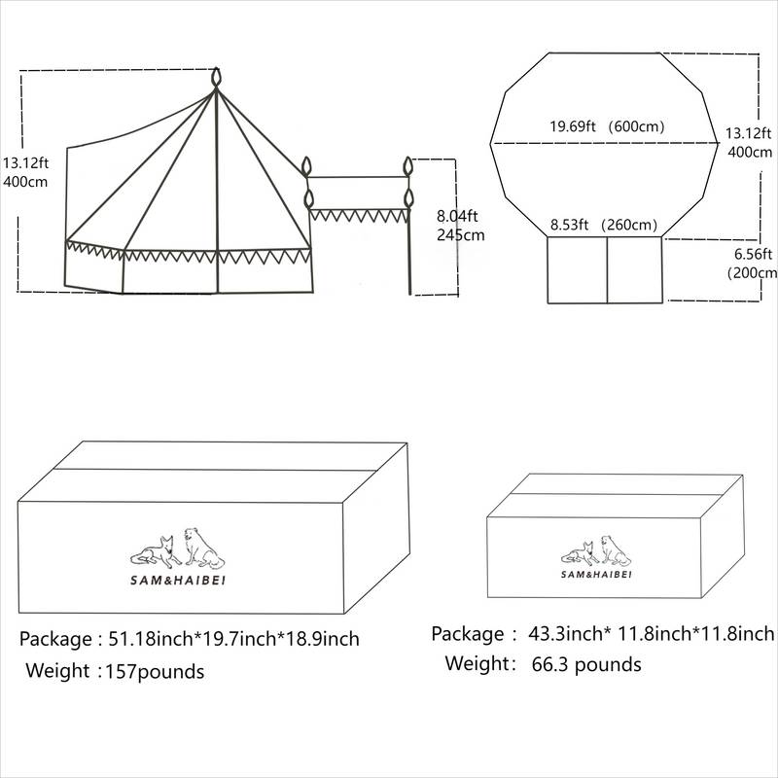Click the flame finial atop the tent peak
point(216,78)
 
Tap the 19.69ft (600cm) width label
point(607,126)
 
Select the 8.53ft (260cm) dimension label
point(604,225)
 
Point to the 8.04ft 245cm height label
point(460,226)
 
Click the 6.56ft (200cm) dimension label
point(752,264)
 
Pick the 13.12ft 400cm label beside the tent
point(26,172)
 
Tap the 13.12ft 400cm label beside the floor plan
point(749,142)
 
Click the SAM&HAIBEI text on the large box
point(178,580)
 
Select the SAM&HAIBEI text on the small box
point(596,574)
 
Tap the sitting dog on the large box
point(203,548)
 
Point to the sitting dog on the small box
point(616,550)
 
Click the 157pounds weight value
point(155,671)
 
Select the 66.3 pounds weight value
point(586,664)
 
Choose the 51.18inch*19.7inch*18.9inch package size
point(233,639)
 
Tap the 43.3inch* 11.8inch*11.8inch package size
point(651,634)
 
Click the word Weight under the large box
point(57,670)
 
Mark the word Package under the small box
point(468,634)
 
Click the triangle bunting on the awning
point(358,216)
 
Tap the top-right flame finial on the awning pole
point(407,166)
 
